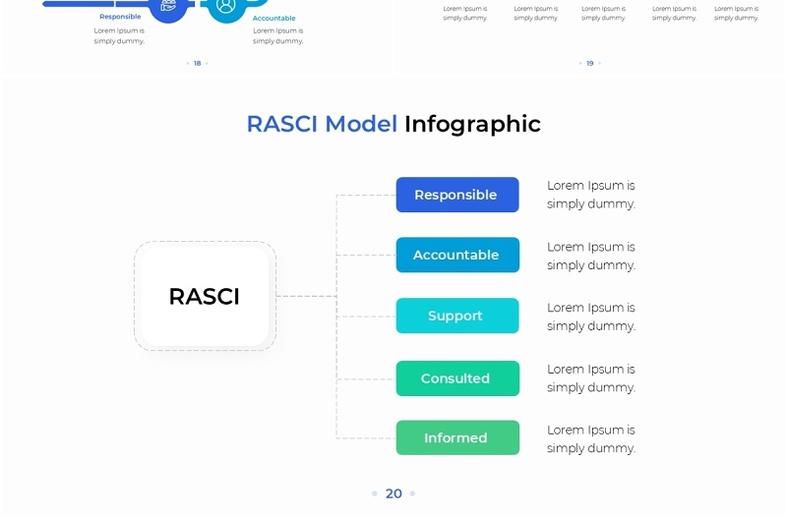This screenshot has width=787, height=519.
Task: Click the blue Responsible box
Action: [457, 195]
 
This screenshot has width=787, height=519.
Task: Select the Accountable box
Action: [457, 255]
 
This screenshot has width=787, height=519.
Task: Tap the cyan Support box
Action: [457, 316]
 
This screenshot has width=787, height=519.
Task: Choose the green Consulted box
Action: [457, 378]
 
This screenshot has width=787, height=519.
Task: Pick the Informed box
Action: [457, 437]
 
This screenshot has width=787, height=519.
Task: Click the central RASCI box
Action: [205, 296]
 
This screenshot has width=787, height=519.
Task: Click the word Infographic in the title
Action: [472, 124]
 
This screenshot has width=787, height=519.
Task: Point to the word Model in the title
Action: [361, 124]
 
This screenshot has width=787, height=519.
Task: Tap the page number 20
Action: [393, 493]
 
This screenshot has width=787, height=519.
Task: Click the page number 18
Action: [197, 63]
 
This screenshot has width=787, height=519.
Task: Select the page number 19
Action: [590, 63]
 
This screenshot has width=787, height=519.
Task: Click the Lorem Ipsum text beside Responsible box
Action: [590, 195]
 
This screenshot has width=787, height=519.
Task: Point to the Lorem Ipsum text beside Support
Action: [590, 317]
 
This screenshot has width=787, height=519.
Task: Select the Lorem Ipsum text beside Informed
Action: [590, 438]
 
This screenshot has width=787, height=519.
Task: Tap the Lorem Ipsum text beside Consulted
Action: [590, 378]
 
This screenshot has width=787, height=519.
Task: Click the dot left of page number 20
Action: [375, 493]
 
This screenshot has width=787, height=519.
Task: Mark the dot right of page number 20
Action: [412, 493]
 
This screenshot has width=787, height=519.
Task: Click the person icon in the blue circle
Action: [226, 6]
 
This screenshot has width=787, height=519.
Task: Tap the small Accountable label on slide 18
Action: [273, 19]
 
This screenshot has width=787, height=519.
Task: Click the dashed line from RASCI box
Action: [306, 296]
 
